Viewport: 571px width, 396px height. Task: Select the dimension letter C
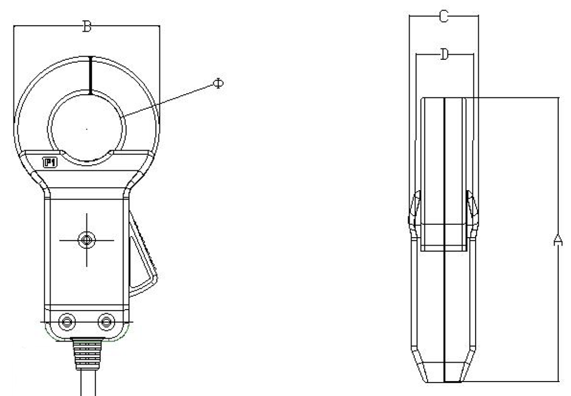tap(444, 17)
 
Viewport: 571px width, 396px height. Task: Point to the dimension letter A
tap(558, 240)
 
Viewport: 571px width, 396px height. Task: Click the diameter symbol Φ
tap(217, 84)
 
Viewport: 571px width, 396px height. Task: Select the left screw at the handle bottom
tap(66, 321)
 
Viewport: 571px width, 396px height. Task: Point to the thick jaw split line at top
tap(91, 75)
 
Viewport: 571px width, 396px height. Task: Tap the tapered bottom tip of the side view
tap(444, 373)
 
